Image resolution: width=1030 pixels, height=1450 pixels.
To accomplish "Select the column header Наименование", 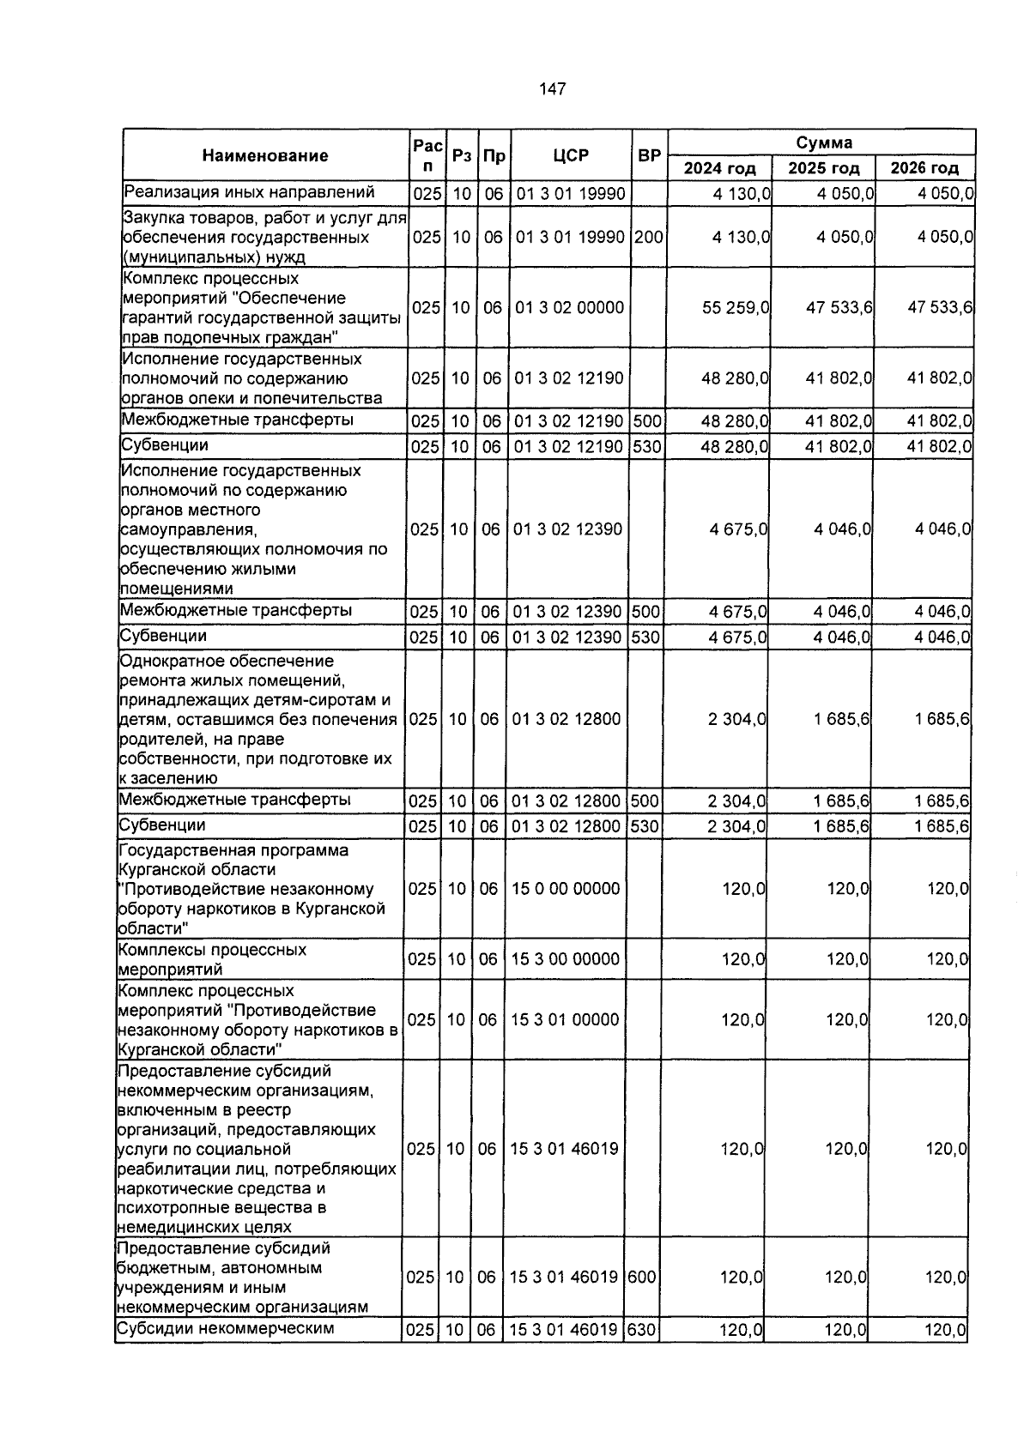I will pyautogui.click(x=265, y=155).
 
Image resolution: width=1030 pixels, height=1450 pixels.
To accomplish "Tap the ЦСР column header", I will pyautogui.click(x=571, y=155).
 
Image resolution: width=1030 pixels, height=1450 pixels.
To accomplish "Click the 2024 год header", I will pyautogui.click(x=719, y=168).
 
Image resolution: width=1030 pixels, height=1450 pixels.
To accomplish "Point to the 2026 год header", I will pyautogui.click(x=924, y=168).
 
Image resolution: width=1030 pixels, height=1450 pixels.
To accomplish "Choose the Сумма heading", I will pyautogui.click(x=823, y=142).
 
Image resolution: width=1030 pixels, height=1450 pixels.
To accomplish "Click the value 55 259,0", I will pyautogui.click(x=736, y=307).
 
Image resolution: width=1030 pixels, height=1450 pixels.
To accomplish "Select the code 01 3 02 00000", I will pyautogui.click(x=569, y=307).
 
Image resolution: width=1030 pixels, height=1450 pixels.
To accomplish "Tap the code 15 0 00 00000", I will pyautogui.click(x=566, y=889).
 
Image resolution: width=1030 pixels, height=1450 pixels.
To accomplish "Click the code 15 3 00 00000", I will pyautogui.click(x=565, y=959).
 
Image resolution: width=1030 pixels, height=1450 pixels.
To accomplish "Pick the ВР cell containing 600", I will pyautogui.click(x=642, y=1278).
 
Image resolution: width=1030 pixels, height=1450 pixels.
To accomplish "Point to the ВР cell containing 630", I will pyautogui.click(x=642, y=1331).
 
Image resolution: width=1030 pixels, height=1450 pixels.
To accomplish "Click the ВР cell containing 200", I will pyautogui.click(x=649, y=237).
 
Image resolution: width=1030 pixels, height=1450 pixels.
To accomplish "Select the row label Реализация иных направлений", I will pyautogui.click(x=249, y=191).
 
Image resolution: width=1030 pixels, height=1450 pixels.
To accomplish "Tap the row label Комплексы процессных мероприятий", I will pyautogui.click(x=212, y=959).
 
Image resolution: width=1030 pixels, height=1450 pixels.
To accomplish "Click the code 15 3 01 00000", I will pyautogui.click(x=565, y=1020).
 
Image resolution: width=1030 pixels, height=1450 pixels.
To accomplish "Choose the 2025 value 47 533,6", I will pyautogui.click(x=839, y=307).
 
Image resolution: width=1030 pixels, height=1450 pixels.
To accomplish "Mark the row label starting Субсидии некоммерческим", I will pyautogui.click(x=224, y=1330).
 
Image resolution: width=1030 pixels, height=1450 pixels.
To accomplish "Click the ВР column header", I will pyautogui.click(x=650, y=155).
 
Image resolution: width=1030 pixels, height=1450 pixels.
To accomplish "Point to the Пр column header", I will pyautogui.click(x=494, y=155).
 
